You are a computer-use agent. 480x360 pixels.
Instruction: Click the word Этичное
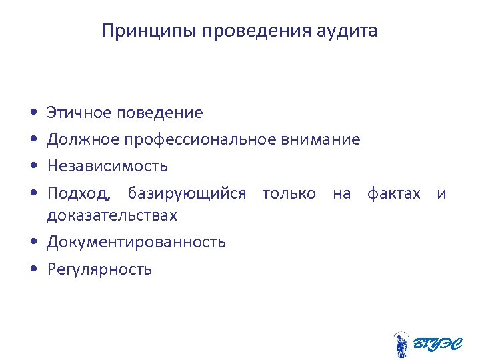click(x=79, y=113)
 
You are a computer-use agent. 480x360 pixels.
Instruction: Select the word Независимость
click(x=107, y=165)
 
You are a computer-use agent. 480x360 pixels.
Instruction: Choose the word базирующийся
click(x=187, y=194)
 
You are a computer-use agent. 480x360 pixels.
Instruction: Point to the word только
click(x=289, y=194)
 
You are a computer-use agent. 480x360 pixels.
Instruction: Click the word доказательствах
click(x=112, y=216)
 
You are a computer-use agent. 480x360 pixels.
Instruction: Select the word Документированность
click(x=136, y=242)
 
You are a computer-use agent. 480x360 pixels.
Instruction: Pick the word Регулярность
click(x=99, y=269)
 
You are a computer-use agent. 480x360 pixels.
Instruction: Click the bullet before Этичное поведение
click(x=33, y=113)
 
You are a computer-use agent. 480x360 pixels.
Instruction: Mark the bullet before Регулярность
click(x=33, y=269)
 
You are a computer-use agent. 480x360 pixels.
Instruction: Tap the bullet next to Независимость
click(x=33, y=166)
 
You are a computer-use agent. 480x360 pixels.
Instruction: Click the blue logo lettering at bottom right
click(x=437, y=345)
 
